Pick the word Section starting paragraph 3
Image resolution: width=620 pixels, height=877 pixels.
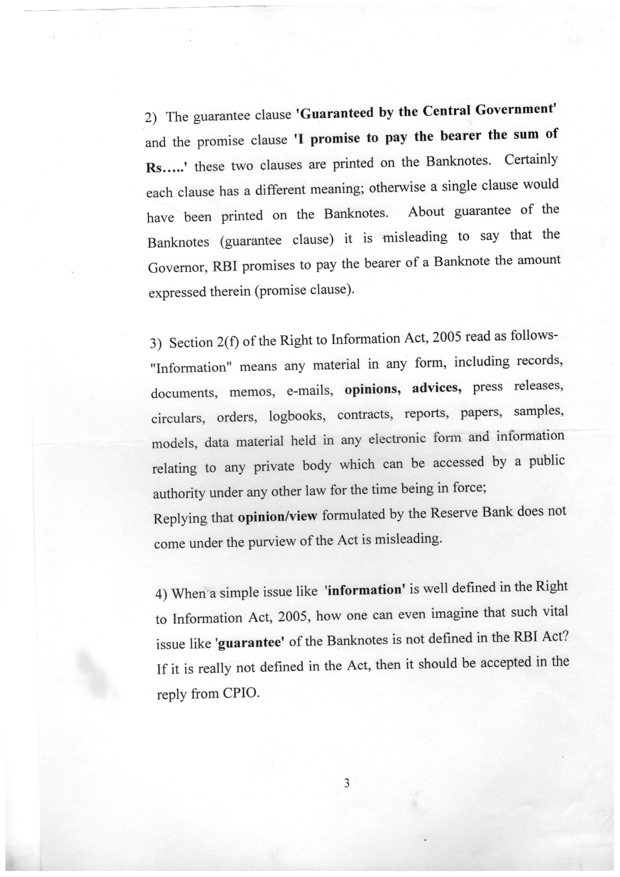(x=191, y=343)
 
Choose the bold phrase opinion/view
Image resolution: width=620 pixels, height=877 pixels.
(x=278, y=516)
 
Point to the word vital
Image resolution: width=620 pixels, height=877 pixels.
(x=554, y=611)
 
